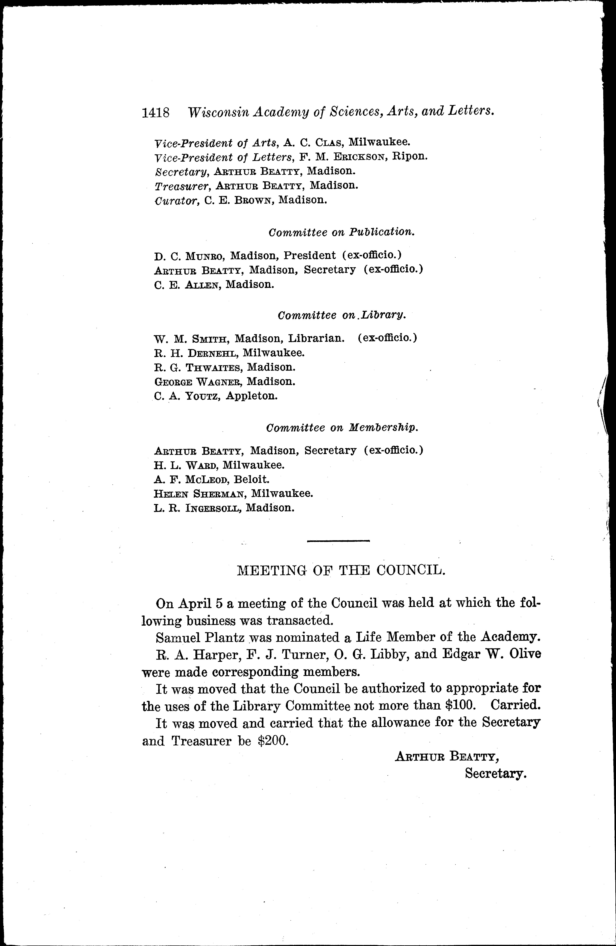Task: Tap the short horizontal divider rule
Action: tap(339, 541)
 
